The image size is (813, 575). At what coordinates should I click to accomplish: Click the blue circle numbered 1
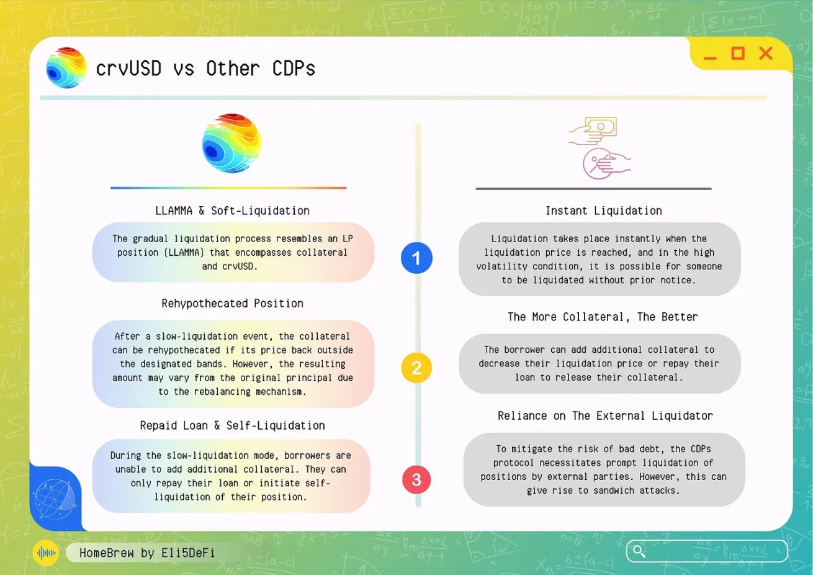[x=416, y=258]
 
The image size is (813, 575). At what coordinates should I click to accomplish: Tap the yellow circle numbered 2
[x=416, y=368]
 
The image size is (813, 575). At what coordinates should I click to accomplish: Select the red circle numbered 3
[x=416, y=479]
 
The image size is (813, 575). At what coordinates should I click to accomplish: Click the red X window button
[x=766, y=53]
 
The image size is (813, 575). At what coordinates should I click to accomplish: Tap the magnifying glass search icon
[x=639, y=551]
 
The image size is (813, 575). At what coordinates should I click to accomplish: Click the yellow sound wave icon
[x=46, y=553]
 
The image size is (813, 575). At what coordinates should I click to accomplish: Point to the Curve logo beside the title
[x=66, y=68]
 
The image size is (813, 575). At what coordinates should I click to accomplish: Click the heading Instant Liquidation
[x=604, y=211]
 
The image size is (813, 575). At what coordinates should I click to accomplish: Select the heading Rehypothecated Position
[x=232, y=303]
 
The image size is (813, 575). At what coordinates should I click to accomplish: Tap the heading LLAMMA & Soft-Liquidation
[x=232, y=211]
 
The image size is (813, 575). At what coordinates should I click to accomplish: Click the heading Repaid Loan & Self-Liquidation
[x=232, y=425]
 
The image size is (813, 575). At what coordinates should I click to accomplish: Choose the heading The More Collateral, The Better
[x=603, y=317]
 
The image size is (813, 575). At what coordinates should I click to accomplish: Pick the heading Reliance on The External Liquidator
[x=605, y=415]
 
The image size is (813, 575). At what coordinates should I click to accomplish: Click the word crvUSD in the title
[x=128, y=69]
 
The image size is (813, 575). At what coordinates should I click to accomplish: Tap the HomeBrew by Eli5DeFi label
[x=147, y=553]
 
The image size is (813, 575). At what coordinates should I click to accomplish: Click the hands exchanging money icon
[x=600, y=148]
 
